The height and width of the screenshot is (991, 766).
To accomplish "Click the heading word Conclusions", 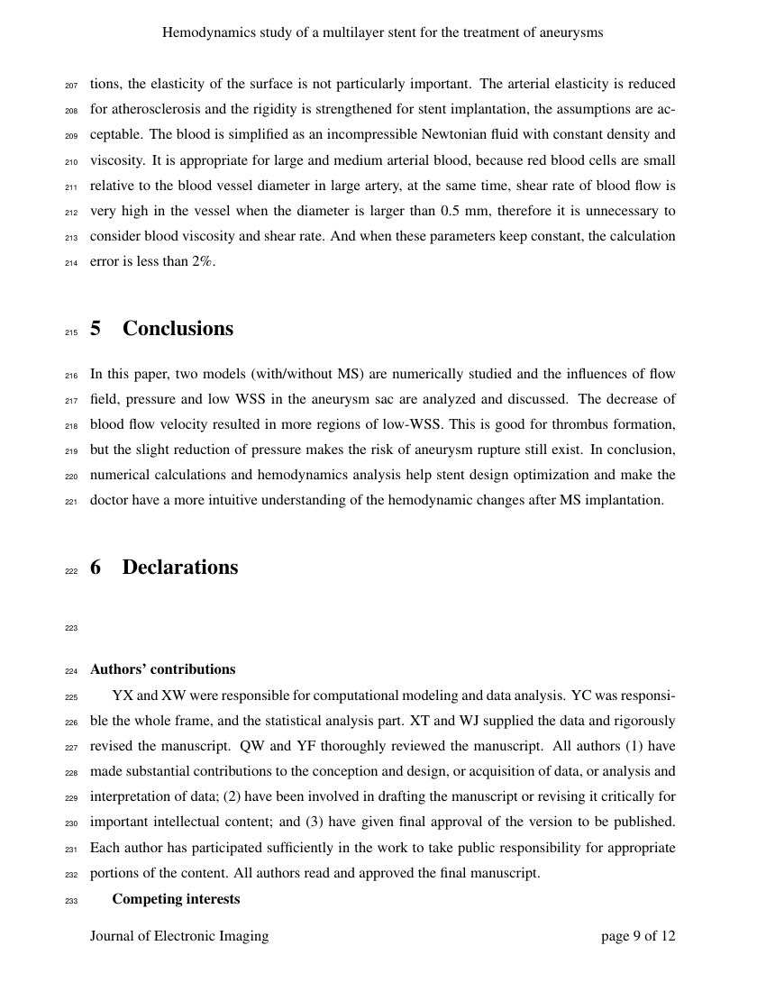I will (178, 329).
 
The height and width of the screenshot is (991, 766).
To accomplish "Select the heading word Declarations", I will (180, 568).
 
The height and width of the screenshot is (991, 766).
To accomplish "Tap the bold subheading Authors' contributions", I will (162, 669).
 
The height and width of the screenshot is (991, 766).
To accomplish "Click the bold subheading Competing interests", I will (176, 899).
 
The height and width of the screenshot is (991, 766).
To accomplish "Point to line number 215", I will (72, 332).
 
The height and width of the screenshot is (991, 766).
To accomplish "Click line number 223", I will (72, 629).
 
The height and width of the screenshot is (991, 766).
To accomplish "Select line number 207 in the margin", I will (72, 86).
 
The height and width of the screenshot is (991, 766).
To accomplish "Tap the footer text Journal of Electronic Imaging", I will (179, 936).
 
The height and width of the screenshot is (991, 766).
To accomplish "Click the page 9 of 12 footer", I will (638, 936).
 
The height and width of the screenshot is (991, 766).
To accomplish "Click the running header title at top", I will (382, 32).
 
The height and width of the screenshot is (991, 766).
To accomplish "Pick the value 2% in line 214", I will (202, 261).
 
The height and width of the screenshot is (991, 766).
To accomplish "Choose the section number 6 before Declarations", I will (96, 568).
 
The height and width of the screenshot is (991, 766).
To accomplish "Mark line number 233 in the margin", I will (72, 901).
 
